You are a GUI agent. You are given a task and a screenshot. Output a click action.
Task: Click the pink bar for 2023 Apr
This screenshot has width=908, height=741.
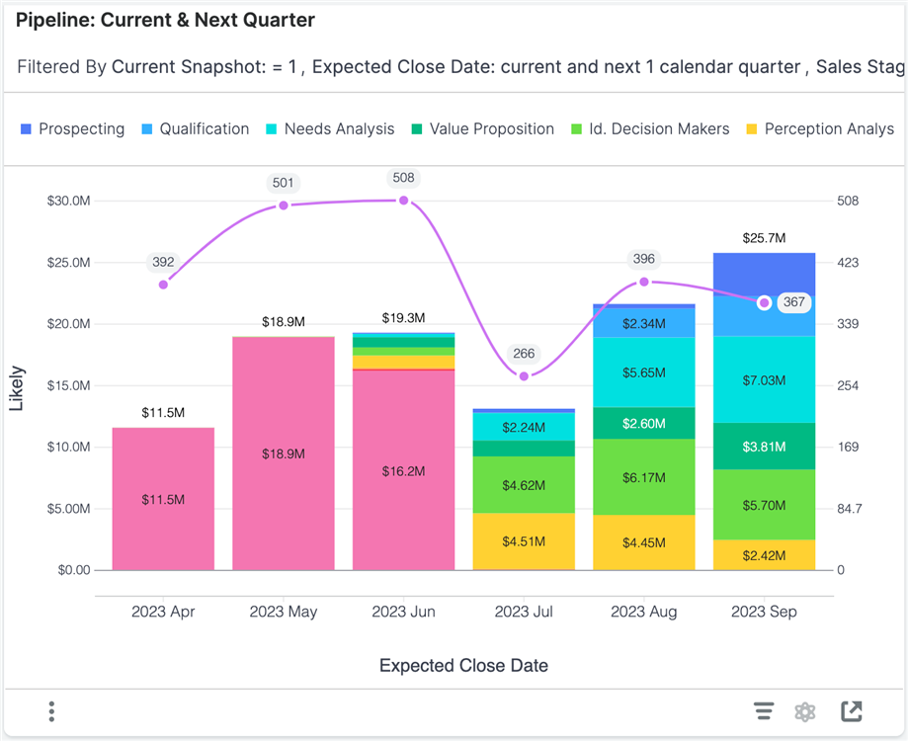(163, 499)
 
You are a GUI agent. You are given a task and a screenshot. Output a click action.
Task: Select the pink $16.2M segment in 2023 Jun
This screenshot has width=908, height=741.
(403, 471)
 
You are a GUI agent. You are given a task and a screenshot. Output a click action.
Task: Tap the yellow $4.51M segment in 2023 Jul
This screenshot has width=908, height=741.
(524, 540)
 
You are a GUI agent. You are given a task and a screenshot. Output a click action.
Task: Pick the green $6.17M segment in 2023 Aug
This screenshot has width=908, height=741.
(643, 477)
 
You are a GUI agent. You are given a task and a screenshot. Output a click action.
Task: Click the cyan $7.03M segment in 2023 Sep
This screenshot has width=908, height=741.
(764, 379)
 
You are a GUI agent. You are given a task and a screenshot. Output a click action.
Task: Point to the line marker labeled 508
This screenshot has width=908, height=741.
(404, 201)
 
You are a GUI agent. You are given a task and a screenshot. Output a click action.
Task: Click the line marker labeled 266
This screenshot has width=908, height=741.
(524, 376)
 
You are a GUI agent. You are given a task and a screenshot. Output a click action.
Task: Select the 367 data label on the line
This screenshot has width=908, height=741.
(793, 302)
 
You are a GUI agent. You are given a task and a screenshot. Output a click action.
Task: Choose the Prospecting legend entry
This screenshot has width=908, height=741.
(72, 129)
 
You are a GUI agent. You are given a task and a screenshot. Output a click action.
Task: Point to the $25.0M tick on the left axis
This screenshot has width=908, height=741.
(68, 263)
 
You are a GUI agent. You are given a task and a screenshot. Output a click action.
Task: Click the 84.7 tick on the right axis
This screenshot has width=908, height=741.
(850, 509)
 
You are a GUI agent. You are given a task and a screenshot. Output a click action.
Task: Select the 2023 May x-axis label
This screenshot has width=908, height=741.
(284, 612)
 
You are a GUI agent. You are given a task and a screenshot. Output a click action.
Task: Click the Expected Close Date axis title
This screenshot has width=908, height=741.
(463, 666)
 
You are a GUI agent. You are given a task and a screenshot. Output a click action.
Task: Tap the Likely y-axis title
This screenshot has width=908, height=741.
(17, 388)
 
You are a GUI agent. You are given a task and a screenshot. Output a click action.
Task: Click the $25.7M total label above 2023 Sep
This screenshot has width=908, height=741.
(764, 238)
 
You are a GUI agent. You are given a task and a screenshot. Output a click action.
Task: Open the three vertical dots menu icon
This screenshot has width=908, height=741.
(51, 711)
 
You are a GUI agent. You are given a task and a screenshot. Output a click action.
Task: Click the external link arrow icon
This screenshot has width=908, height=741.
(851, 711)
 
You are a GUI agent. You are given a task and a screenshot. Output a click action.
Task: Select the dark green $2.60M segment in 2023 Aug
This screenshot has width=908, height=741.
(643, 423)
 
